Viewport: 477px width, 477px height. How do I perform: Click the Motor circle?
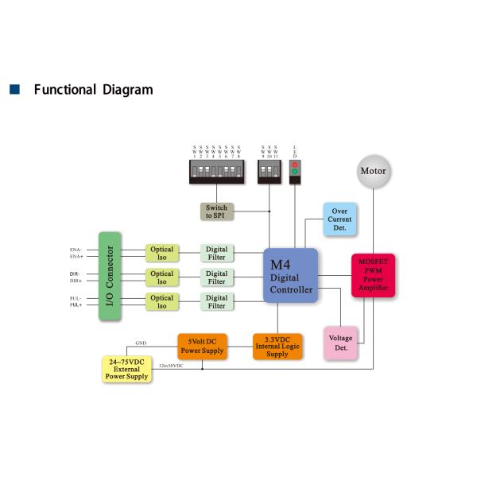point(374,171)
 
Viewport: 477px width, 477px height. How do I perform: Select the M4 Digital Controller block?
point(291,275)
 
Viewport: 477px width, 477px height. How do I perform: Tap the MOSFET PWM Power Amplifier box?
point(374,275)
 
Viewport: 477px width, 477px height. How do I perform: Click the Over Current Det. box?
point(339,219)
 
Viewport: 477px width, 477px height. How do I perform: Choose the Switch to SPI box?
point(216,212)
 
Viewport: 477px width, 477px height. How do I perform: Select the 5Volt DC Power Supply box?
point(202,346)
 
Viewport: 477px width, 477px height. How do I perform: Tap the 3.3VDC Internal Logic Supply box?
point(277,346)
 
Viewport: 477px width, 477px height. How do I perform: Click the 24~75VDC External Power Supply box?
point(126,368)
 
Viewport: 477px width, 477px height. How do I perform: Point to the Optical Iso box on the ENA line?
point(161,254)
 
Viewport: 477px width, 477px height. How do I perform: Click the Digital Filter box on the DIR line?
point(216,277)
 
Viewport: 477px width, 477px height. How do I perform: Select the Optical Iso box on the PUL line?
point(161,302)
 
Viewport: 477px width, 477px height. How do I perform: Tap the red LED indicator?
point(296,164)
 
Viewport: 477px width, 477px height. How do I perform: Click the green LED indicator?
point(296,172)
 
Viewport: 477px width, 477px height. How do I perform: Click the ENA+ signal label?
point(77,257)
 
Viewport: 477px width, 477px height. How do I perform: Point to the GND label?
point(140,342)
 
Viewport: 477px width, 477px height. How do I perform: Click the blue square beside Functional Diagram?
point(13,90)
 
